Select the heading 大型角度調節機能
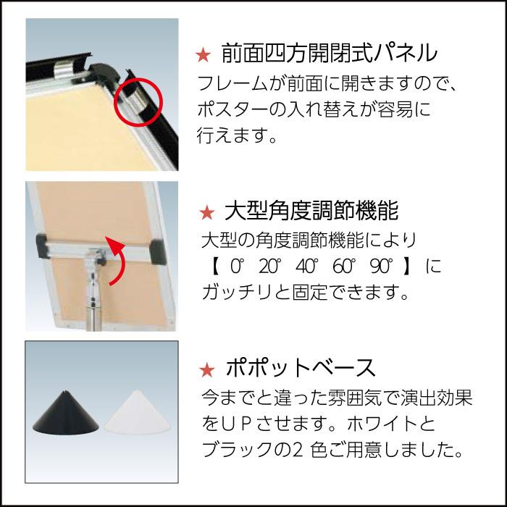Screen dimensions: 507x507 [311, 211]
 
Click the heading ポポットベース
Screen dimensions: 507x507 [301, 368]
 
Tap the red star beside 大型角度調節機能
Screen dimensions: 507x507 [206, 212]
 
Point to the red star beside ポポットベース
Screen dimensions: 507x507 [206, 369]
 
